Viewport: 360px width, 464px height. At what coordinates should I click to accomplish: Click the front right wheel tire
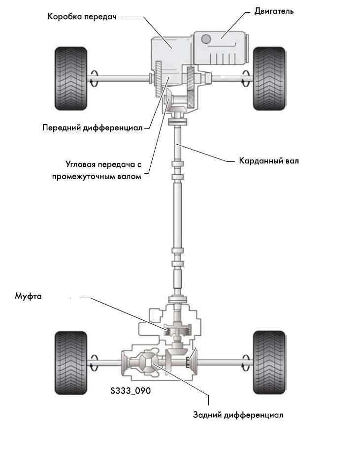tap(269, 77)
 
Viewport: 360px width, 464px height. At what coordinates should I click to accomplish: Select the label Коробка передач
tap(82, 16)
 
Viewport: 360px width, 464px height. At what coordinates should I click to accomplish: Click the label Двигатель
tap(274, 11)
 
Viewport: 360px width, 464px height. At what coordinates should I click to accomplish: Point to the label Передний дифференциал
tap(92, 128)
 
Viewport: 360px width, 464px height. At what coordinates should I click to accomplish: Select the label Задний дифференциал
tap(238, 414)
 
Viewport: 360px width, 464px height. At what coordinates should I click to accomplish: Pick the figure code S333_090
tap(131, 391)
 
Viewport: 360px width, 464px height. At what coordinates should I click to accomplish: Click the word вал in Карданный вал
tap(292, 160)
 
